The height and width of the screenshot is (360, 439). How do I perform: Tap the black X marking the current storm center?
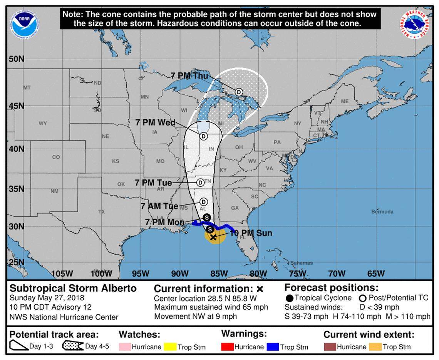(213, 237)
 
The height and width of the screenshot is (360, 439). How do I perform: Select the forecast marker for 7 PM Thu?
(239, 92)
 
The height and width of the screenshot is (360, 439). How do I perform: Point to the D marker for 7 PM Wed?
(203, 136)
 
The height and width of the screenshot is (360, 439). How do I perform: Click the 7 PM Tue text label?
(153, 183)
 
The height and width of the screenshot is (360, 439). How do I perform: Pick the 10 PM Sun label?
(251, 233)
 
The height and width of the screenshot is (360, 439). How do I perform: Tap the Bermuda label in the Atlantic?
(382, 212)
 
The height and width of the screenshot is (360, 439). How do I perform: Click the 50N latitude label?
(16, 59)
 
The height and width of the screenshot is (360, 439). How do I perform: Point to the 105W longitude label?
(62, 274)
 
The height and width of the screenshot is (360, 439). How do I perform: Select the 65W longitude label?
(375, 274)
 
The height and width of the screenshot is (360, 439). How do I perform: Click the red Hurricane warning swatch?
(227, 347)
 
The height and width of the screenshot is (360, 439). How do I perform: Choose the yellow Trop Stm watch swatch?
(169, 347)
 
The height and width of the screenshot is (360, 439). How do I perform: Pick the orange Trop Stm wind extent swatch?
(375, 347)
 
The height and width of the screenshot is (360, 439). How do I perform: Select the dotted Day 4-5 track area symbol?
(73, 346)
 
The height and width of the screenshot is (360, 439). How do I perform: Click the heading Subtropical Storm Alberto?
(73, 288)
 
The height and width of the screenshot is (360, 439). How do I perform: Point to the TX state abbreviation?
(102, 212)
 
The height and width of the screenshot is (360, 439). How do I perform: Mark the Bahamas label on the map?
(302, 263)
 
